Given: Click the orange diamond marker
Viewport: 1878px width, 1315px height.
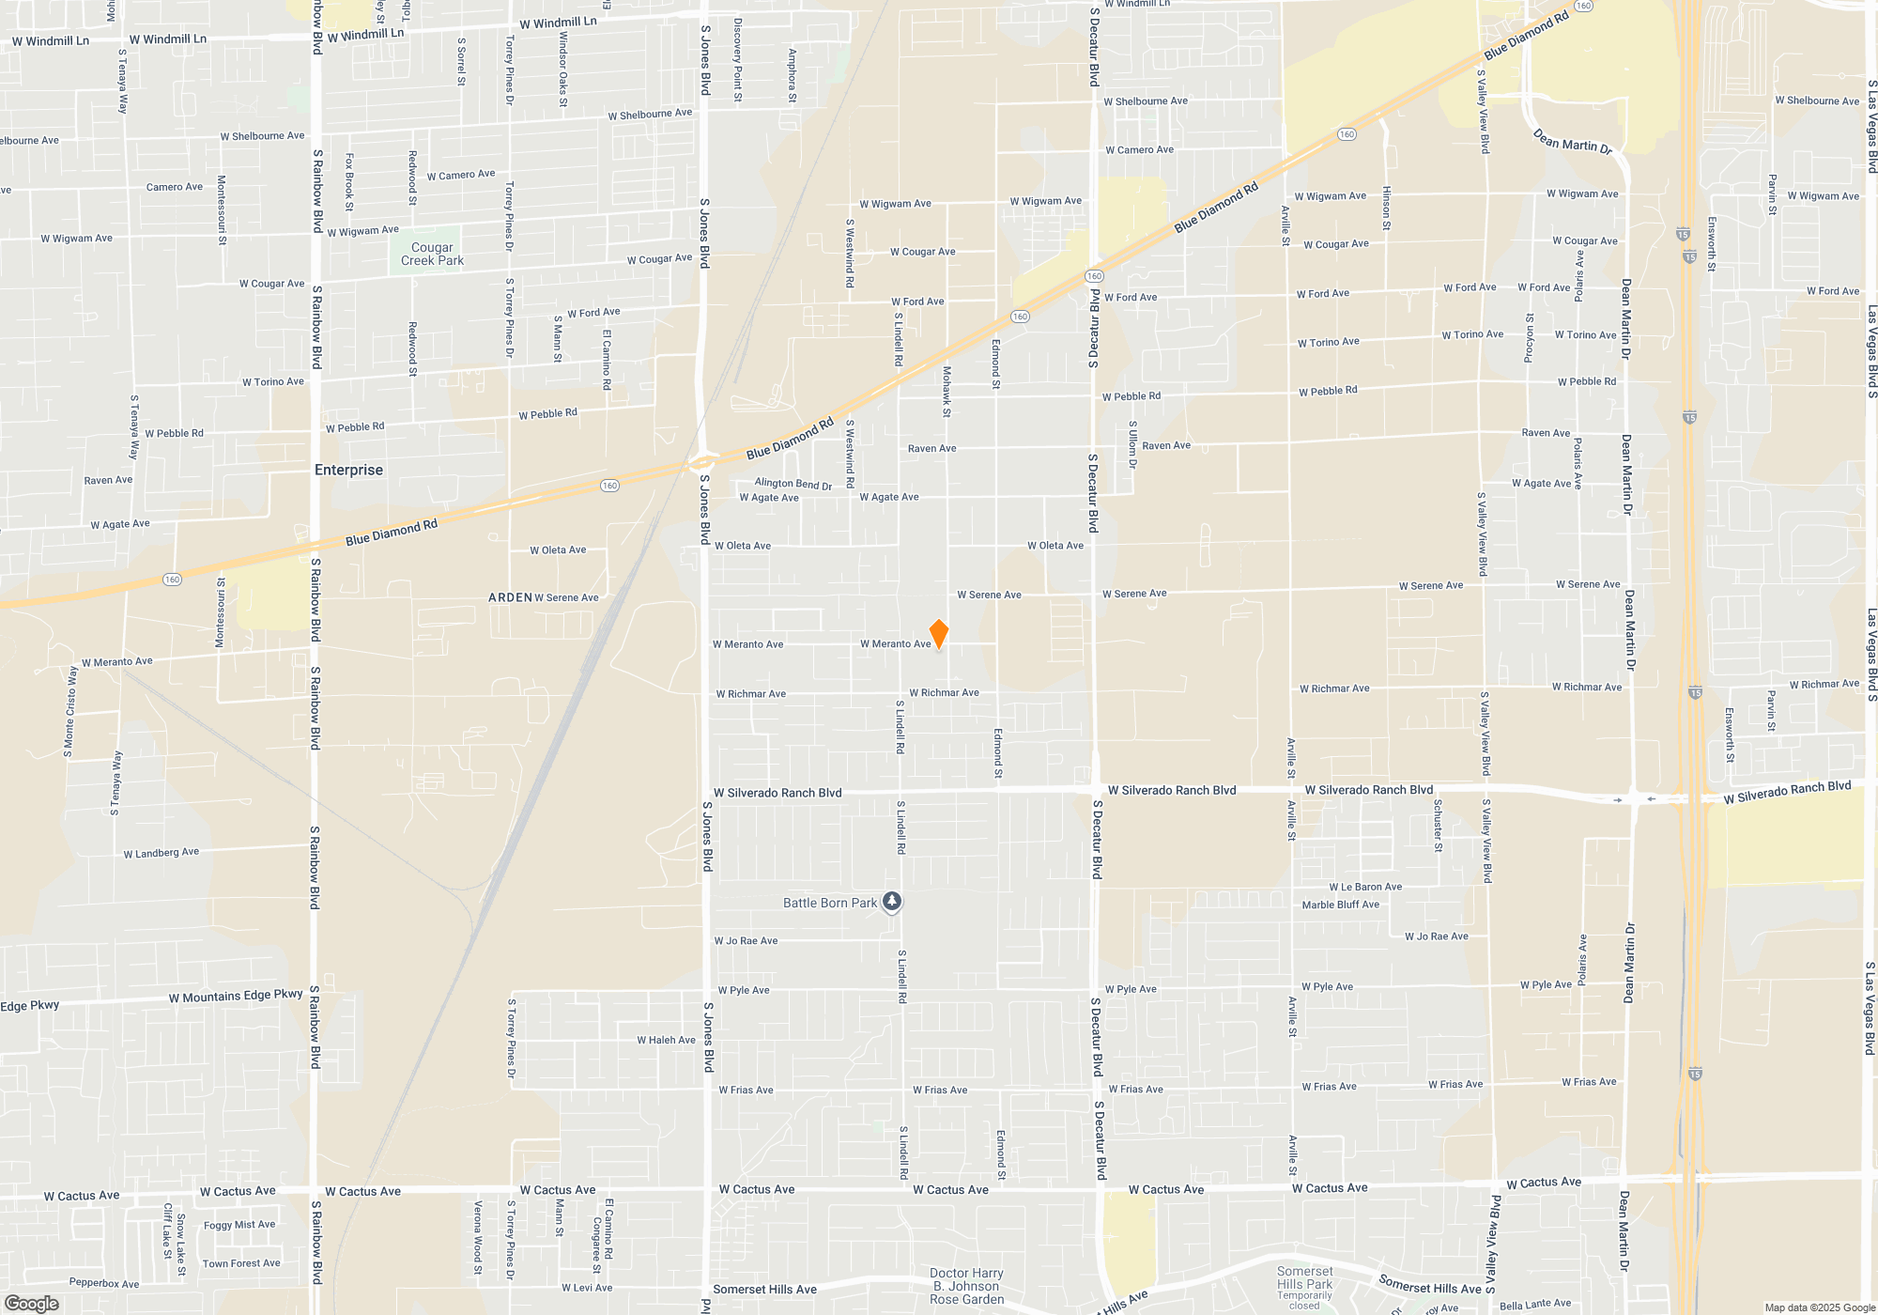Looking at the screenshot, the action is pos(938,634).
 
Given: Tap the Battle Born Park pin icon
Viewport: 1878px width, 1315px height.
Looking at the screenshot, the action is pos(892,902).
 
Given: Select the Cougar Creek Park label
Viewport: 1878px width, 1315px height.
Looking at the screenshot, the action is pos(432,255).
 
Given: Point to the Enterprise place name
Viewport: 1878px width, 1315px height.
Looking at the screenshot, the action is pos(348,470).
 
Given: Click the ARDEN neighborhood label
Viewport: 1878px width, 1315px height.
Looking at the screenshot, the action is pos(510,597).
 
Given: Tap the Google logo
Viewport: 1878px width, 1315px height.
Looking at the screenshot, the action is pos(31,1304).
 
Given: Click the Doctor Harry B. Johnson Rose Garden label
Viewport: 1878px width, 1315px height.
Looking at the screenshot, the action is pos(966,1286).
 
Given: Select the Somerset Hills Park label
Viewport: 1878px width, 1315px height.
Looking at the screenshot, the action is pos(1304,1277).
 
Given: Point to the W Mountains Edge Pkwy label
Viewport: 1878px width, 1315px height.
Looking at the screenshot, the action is pos(236,996).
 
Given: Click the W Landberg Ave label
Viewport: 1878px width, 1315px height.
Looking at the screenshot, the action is pos(162,853).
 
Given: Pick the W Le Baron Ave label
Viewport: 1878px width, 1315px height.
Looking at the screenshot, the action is pos(1365,887).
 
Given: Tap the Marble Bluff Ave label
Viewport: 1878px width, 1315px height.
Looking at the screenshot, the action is pos(1340,905).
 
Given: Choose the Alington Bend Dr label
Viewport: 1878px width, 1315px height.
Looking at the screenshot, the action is pos(793,484).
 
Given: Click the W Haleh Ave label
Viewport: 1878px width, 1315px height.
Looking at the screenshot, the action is pos(666,1040).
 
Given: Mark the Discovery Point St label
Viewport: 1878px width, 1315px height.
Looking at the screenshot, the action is pos(738,60).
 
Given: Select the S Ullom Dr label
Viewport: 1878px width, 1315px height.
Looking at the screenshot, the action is pos(1132,444).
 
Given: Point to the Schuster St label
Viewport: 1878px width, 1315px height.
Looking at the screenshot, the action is pos(1438,826).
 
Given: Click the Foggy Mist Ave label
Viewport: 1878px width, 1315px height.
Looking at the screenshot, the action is pos(239,1225).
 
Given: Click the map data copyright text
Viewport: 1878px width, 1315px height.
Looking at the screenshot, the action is pos(1819,1307).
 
